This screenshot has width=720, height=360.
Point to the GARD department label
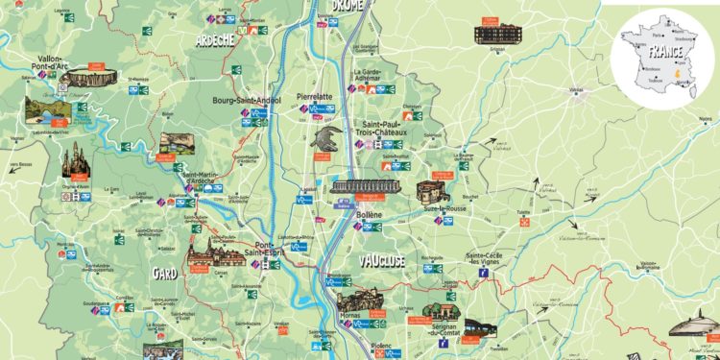click(166, 274)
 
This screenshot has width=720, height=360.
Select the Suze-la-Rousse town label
click(468, 206)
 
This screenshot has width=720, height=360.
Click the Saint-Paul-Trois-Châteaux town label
click(381, 128)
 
